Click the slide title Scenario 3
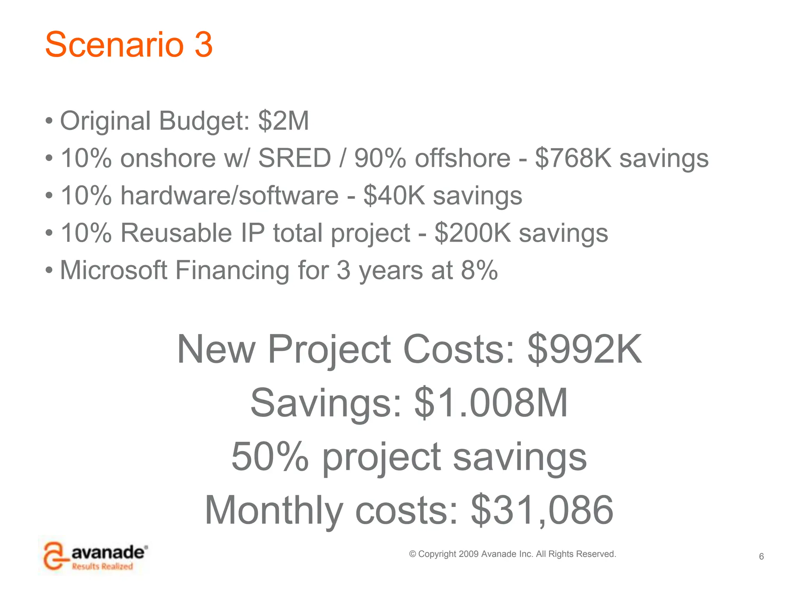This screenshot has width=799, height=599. point(129,44)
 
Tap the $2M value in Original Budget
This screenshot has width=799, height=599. point(283,121)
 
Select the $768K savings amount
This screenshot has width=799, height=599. point(573,158)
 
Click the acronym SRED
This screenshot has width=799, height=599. point(295,158)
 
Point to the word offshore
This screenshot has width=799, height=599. point(462,158)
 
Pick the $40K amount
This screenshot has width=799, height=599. point(394,196)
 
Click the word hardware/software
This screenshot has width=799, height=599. point(229,196)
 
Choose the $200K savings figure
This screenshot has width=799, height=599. point(472,233)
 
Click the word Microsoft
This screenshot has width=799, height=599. point(114,270)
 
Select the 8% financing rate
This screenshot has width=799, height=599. point(479,270)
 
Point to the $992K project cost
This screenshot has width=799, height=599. point(584,349)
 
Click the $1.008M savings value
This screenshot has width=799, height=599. point(491,403)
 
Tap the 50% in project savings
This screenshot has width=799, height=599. point(270,457)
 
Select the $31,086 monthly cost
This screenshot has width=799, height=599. point(542,510)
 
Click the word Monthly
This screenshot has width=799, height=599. point(273,510)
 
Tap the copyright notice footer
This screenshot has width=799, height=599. point(512,554)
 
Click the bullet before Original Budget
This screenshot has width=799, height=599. point(49,121)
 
